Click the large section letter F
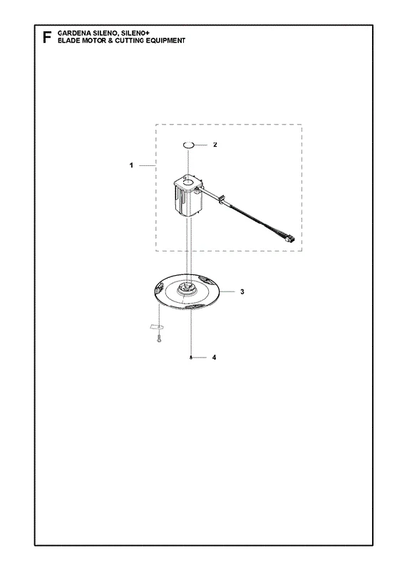pos(46,38)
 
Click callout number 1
pos(131,165)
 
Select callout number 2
pos(215,145)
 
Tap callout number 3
pos(242,291)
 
